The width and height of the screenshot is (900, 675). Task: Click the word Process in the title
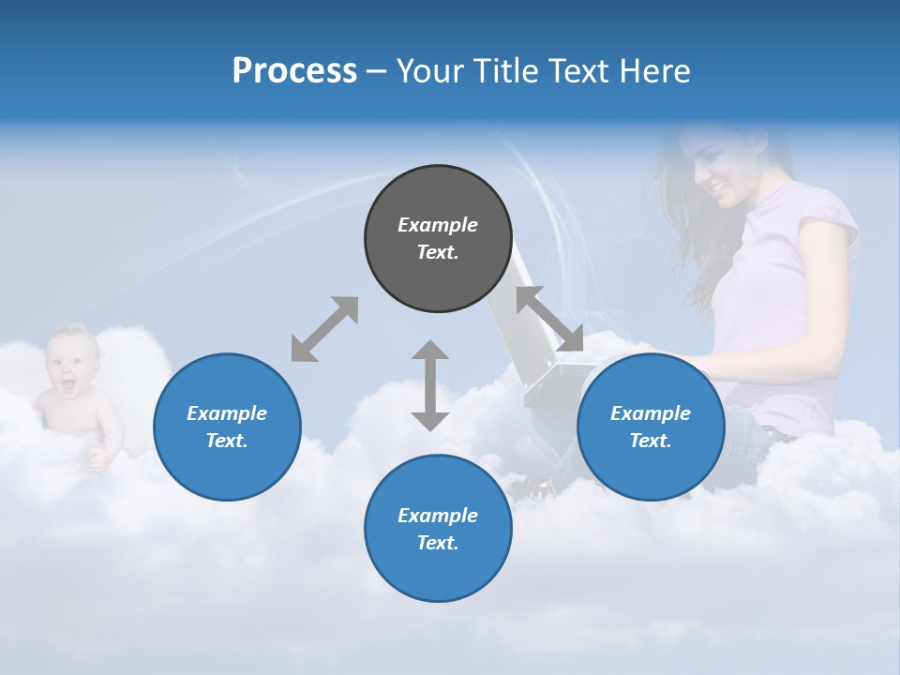tap(294, 71)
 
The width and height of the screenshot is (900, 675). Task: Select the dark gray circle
tap(438, 238)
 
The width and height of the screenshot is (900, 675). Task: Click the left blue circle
tap(227, 427)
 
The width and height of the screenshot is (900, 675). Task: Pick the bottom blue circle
tap(438, 529)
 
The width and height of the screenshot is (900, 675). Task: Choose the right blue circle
tap(651, 427)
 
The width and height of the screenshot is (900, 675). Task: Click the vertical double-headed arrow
tap(430, 385)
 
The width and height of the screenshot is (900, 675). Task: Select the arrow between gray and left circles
tap(324, 329)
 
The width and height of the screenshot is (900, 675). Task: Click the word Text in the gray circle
tap(438, 252)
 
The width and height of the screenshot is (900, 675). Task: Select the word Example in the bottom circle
tap(438, 515)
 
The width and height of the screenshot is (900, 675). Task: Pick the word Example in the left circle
tap(227, 412)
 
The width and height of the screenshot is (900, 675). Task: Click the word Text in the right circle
tap(651, 441)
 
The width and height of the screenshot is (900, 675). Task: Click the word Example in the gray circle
tap(438, 225)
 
